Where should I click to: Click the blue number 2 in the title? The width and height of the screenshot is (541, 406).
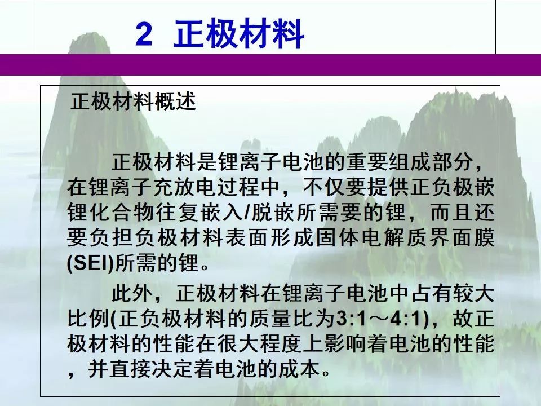[144, 33]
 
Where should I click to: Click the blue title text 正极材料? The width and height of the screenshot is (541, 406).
[238, 33]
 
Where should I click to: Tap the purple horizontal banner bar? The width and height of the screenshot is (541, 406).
[270, 64]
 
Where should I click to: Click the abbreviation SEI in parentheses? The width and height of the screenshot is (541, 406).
[90, 263]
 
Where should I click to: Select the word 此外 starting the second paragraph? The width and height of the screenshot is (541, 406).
[132, 293]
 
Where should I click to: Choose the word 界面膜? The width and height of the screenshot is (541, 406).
[462, 238]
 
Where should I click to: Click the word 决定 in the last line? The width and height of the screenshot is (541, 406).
[172, 369]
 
